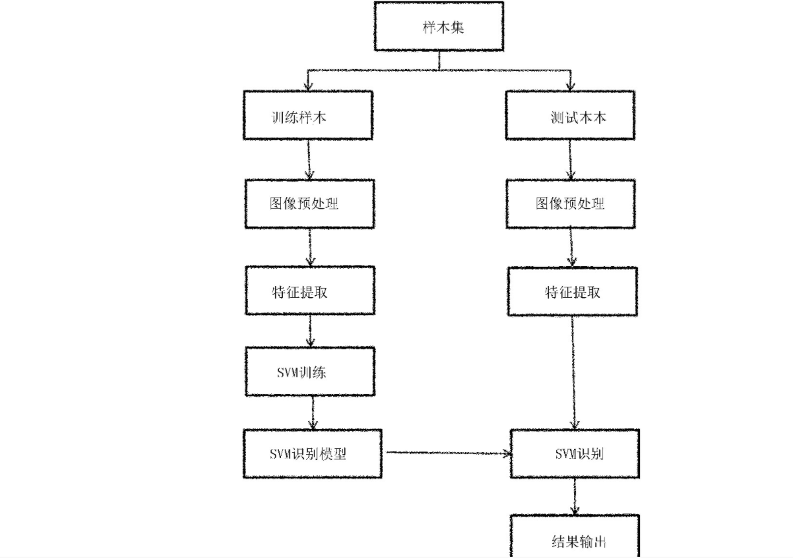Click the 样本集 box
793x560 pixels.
[x=439, y=27]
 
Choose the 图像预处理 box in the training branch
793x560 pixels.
[x=309, y=203]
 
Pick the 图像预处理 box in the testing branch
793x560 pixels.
[x=570, y=203]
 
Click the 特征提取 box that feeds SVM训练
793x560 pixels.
[x=309, y=291]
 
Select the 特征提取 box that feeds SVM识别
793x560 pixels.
[x=572, y=292]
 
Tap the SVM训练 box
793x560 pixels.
[x=309, y=372]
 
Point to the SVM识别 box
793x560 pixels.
[x=575, y=453]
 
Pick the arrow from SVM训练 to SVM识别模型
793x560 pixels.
[x=313, y=413]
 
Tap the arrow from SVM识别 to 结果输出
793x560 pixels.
[x=575, y=496]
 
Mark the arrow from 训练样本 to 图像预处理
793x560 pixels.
[x=309, y=160]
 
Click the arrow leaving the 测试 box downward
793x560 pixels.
[x=570, y=160]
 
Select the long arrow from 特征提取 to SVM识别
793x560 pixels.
[x=573, y=371]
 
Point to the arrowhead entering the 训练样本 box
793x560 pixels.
[x=308, y=86]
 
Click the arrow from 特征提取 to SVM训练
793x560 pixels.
[x=311, y=331]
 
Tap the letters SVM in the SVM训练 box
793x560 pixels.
[x=287, y=373]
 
